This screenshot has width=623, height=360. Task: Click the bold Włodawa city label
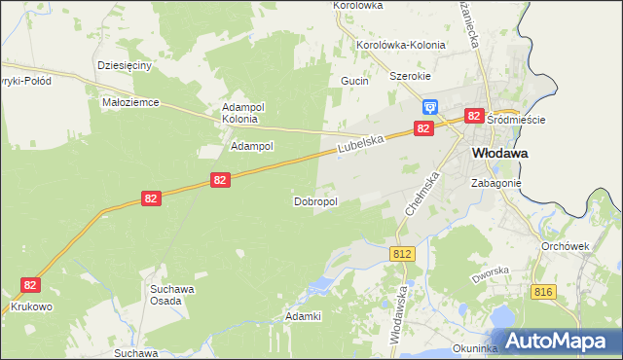point(499,153)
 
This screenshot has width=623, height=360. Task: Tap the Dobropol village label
point(315,201)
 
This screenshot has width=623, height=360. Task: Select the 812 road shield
point(403,253)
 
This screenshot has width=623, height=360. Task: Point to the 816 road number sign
point(544,291)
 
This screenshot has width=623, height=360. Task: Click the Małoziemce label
point(130,101)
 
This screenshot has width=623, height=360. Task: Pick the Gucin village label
point(354,81)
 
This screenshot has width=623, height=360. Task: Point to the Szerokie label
point(410,76)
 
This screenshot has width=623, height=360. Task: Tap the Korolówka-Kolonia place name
point(401,45)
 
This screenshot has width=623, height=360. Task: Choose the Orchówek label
point(566,246)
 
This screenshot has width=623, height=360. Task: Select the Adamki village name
point(303,316)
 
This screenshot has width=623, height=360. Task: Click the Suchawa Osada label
point(173,294)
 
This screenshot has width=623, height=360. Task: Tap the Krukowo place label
point(33,306)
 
